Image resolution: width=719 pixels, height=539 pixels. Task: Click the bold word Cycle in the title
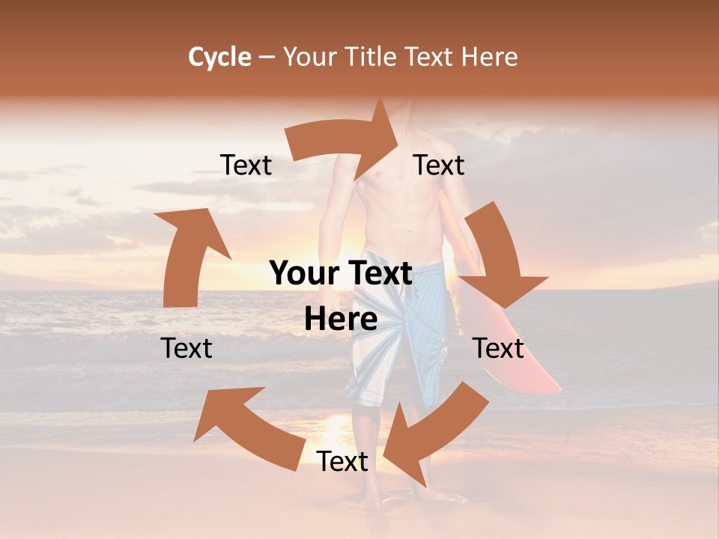(219, 57)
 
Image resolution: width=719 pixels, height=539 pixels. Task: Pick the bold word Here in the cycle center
(341, 320)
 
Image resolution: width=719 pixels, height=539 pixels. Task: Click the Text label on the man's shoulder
(439, 165)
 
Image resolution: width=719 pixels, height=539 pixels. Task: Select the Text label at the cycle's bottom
(342, 461)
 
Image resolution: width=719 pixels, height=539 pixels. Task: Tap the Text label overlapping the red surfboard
(498, 348)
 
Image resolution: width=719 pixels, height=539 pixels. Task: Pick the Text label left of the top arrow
(246, 165)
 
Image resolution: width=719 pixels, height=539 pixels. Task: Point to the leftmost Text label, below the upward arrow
(186, 348)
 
